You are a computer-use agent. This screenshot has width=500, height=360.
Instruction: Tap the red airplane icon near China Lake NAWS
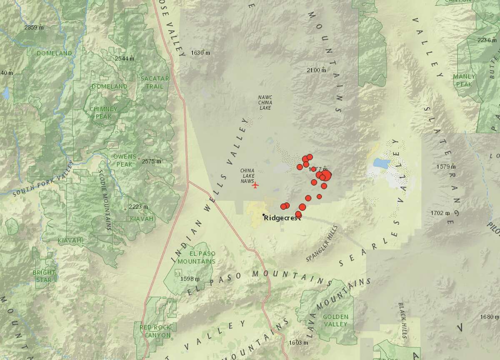click(255, 185)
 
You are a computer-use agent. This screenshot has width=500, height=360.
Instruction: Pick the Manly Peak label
click(464, 80)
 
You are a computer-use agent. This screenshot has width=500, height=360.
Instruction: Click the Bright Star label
click(44, 276)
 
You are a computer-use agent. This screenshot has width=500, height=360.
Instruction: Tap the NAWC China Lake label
click(265, 102)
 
